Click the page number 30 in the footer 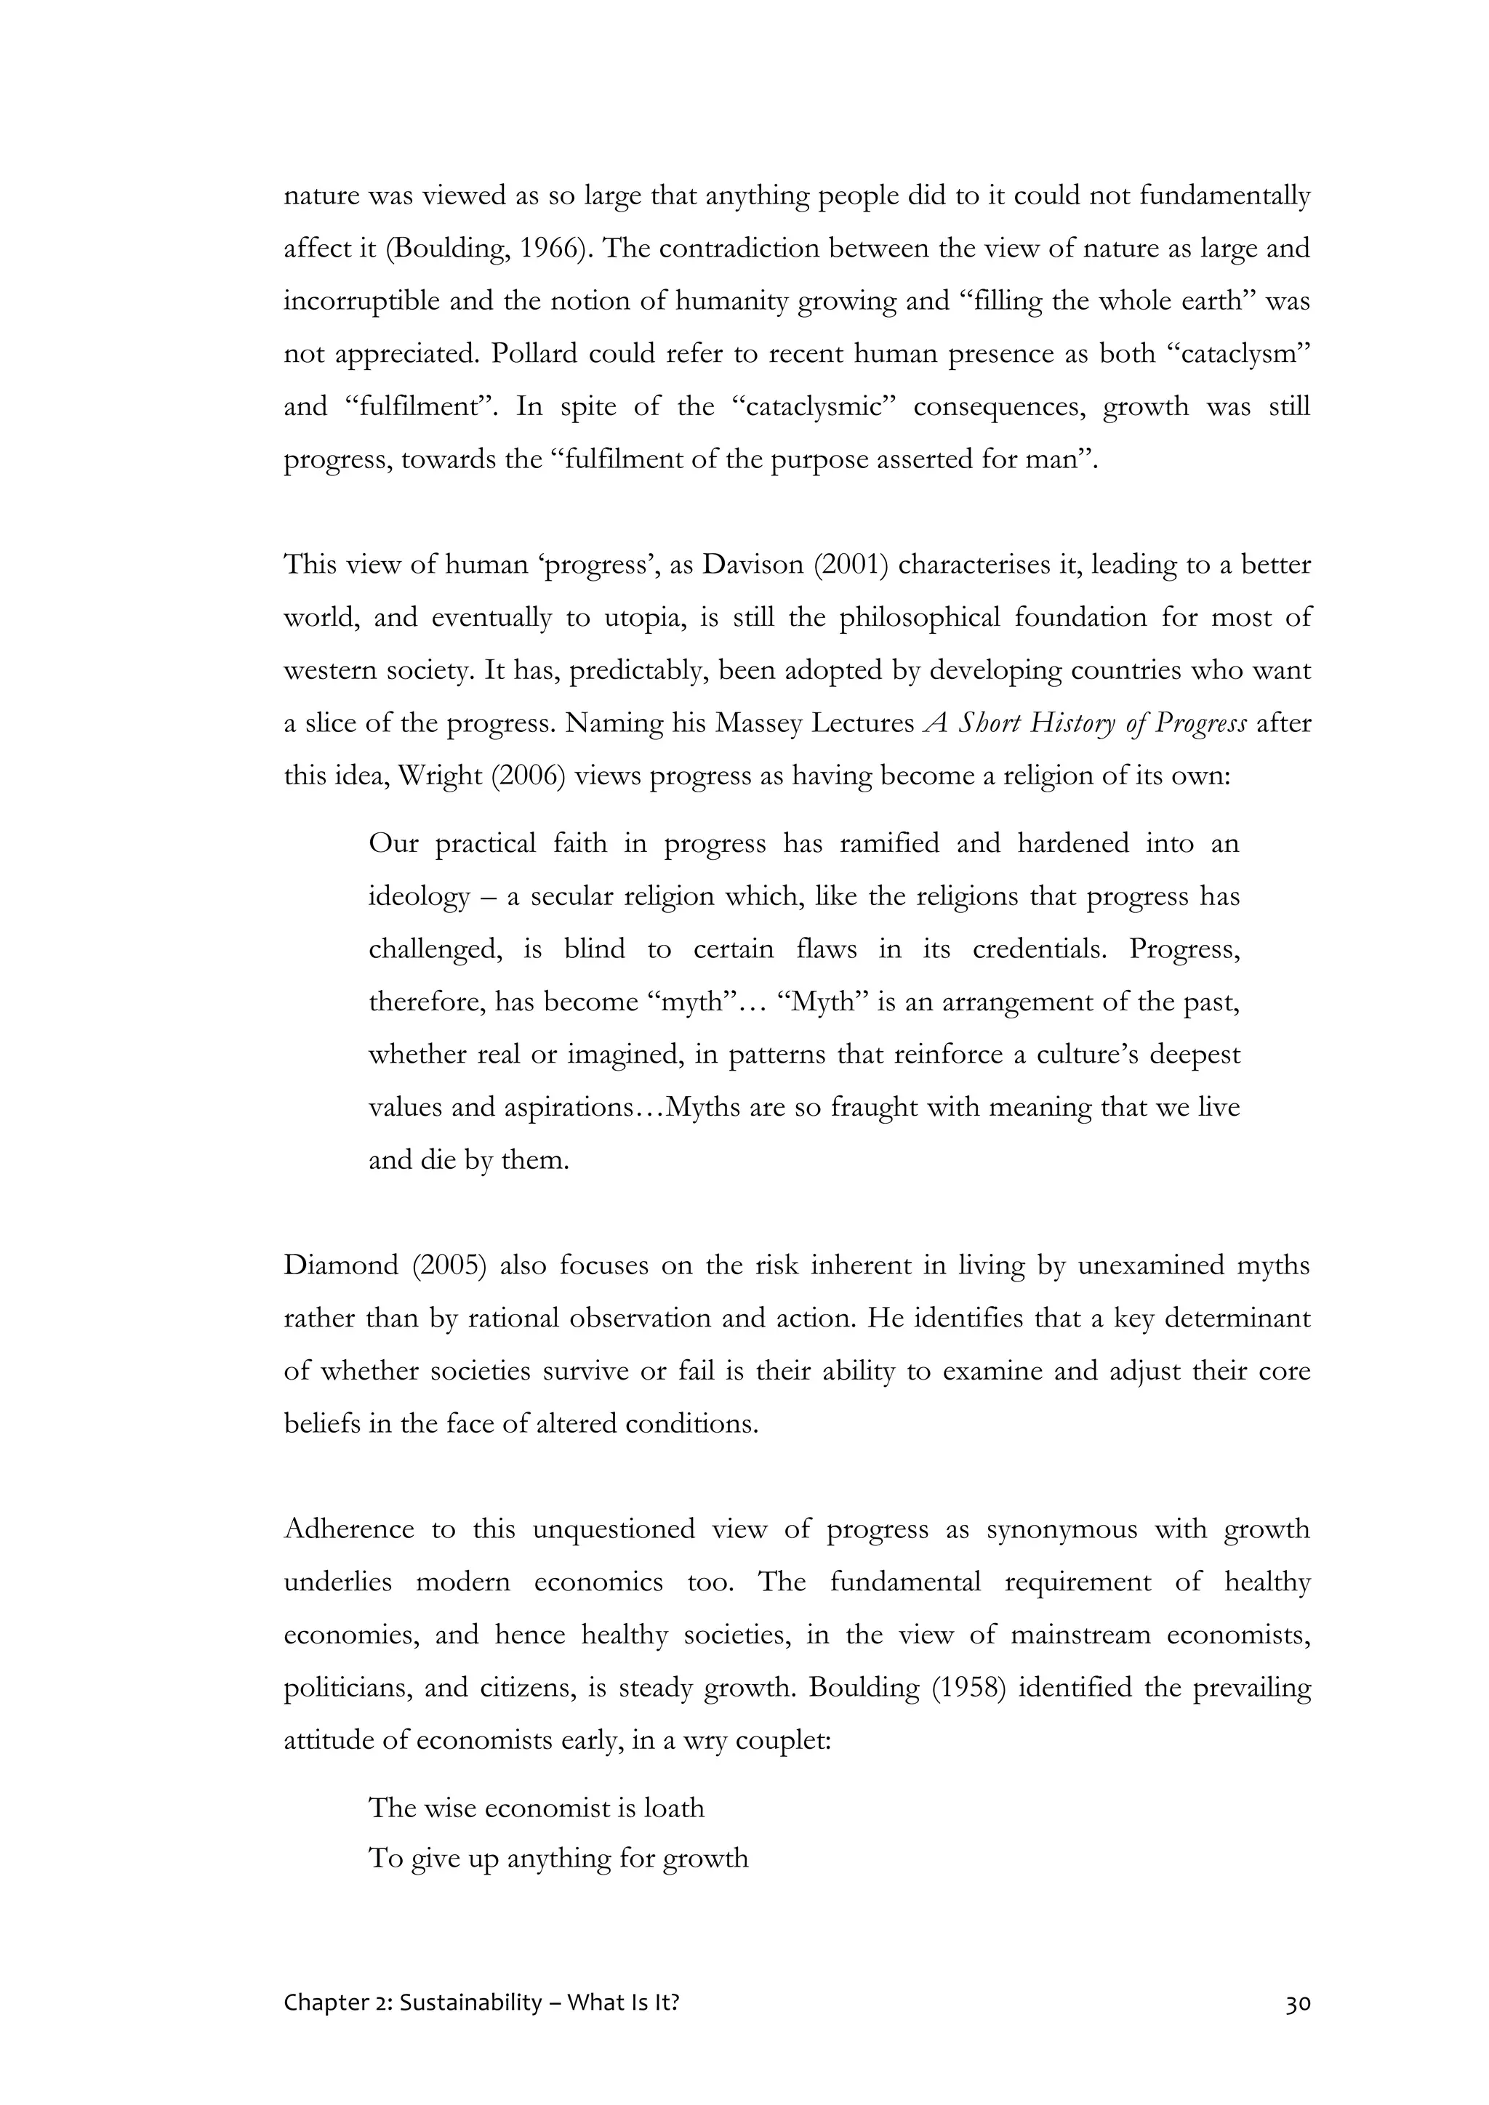[x=1297, y=2003]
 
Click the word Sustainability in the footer [x=470, y=2003]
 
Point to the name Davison [x=754, y=565]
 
